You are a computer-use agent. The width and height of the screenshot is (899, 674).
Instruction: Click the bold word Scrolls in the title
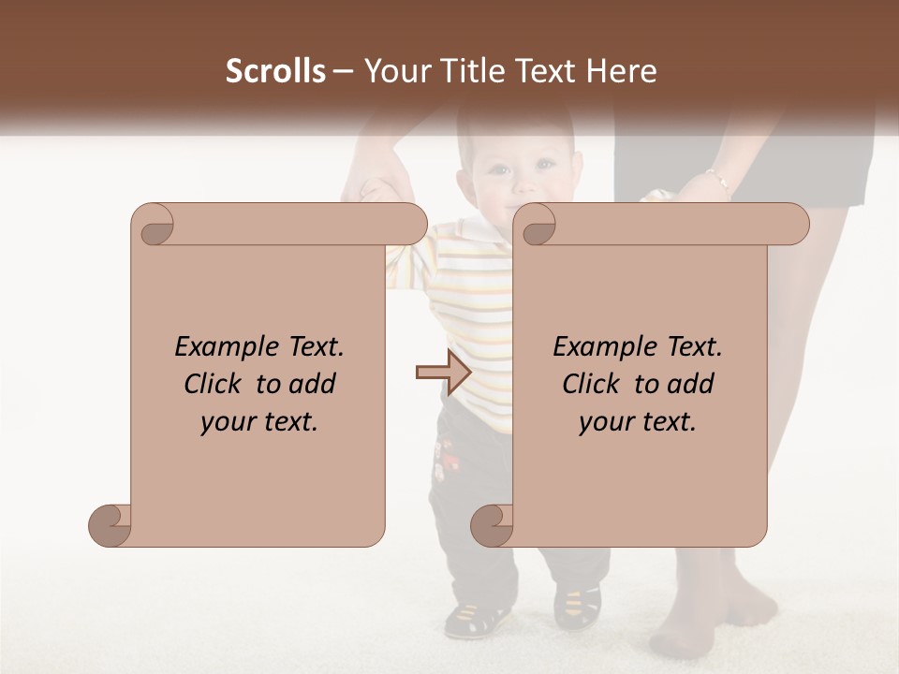275,71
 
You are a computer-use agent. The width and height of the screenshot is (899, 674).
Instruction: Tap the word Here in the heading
622,71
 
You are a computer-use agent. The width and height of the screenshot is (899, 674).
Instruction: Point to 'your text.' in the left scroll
258,422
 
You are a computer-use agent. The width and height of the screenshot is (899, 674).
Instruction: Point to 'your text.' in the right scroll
637,422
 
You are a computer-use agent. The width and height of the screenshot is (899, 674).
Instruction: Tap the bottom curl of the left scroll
110,525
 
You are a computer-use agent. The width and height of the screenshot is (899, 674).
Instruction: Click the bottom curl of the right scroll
492,525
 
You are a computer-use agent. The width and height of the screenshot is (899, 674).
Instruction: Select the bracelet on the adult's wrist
718,178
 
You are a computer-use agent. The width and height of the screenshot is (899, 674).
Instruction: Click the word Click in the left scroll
214,385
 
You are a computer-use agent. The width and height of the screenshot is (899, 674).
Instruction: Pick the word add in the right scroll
692,385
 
